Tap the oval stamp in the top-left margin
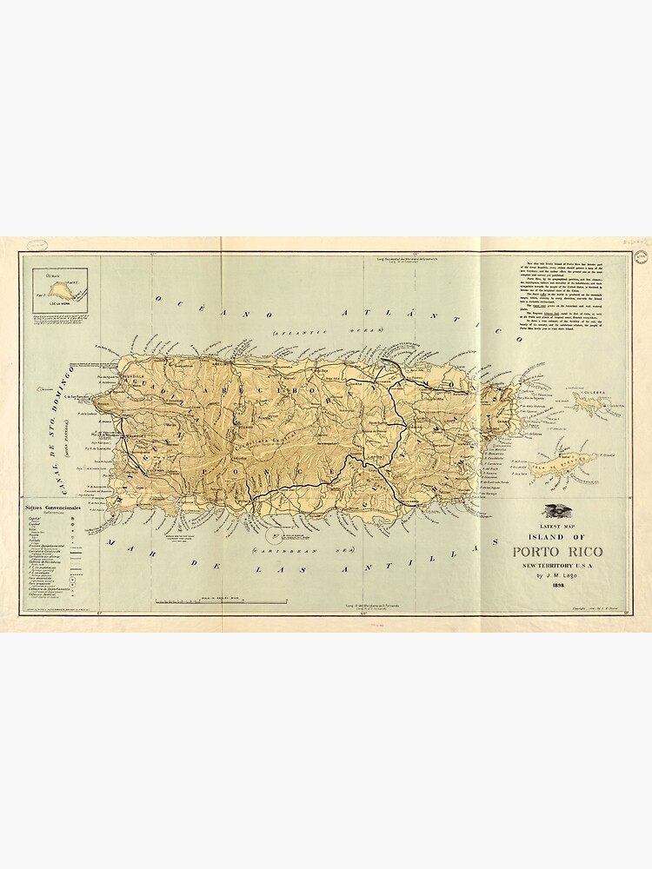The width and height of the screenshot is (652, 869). click(x=36, y=246)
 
